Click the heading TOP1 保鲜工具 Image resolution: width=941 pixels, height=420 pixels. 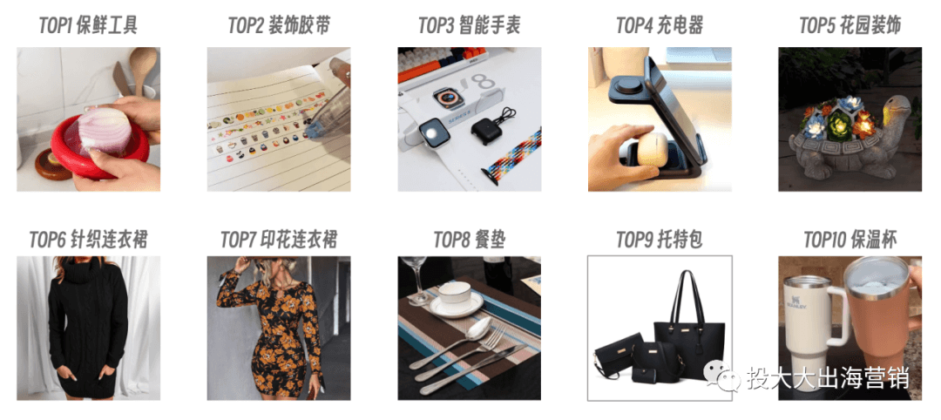point(88,25)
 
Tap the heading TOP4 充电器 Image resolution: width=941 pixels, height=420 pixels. point(660,25)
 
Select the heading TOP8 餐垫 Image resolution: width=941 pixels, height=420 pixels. point(470,240)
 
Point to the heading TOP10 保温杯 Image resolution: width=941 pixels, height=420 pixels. point(850,240)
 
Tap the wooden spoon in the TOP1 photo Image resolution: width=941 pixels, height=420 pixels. point(142,69)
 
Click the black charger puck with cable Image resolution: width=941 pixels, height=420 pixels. point(489,126)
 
